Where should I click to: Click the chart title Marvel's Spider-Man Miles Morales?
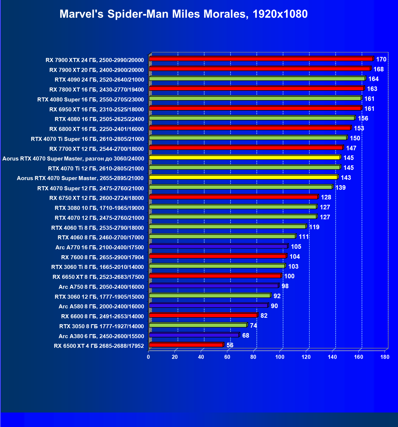pyautogui.click(x=183, y=14)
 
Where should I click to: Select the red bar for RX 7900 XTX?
pyautogui.click(x=261, y=59)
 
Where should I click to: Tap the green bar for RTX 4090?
pyautogui.click(x=257, y=79)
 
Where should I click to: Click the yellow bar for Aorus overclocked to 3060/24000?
pyautogui.click(x=244, y=158)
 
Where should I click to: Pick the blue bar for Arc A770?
pyautogui.click(x=218, y=246)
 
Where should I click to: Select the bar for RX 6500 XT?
pyautogui.click(x=186, y=345)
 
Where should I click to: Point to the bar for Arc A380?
pyautogui.click(x=194, y=335)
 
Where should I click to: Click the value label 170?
pyautogui.click(x=381, y=59)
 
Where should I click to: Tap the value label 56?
pyautogui.click(x=230, y=345)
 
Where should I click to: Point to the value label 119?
pyautogui.click(x=314, y=227)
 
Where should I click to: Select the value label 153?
pyautogui.click(x=359, y=128)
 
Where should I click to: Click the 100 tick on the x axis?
pyautogui.click(x=280, y=357)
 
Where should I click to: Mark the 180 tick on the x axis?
pyautogui.click(x=385, y=357)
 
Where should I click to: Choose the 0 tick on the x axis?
pyautogui.click(x=148, y=357)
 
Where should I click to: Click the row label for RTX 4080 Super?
pyautogui.click(x=91, y=100)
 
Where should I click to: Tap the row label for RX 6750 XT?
pyautogui.click(x=96, y=198)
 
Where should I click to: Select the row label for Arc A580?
pyautogui.click(x=101, y=306)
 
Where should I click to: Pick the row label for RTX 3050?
pyautogui.click(x=102, y=326)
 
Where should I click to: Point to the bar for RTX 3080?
pyautogui.click(x=233, y=207)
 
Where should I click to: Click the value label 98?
pyautogui.click(x=285, y=286)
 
